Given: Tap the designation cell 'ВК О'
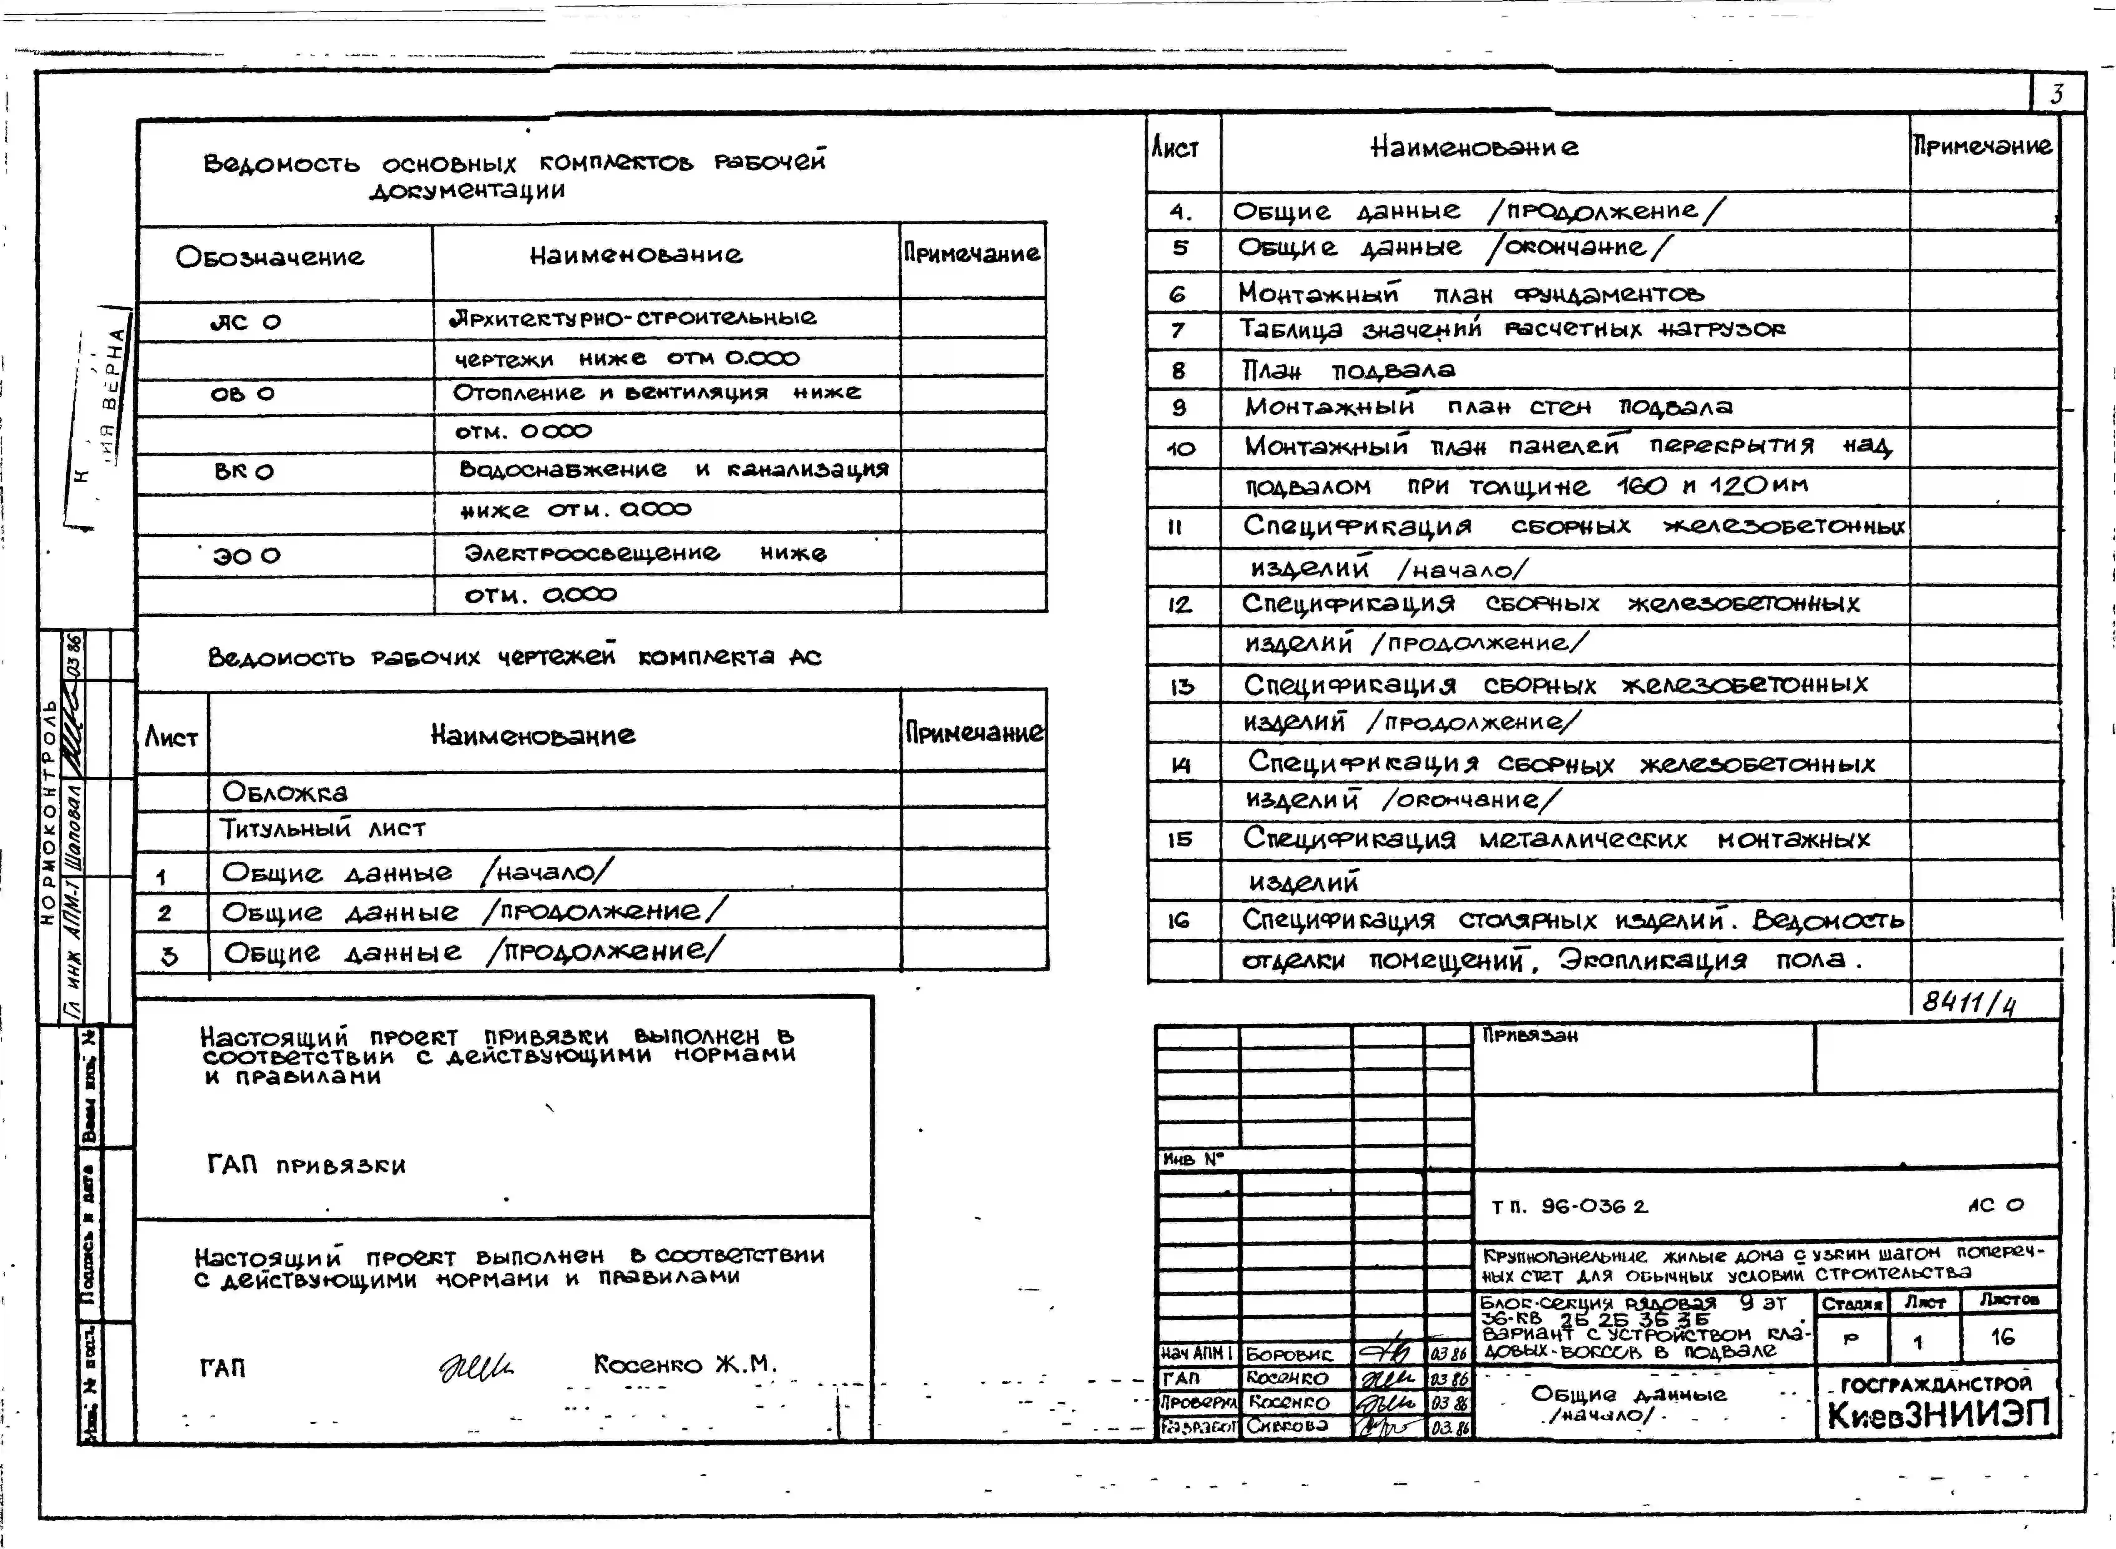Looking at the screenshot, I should pyautogui.click(x=244, y=471).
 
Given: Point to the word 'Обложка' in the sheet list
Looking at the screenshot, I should pyautogui.click(x=284, y=792).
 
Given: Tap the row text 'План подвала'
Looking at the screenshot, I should pyautogui.click(x=1348, y=370).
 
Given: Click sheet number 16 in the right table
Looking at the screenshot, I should pyautogui.click(x=1179, y=921).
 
